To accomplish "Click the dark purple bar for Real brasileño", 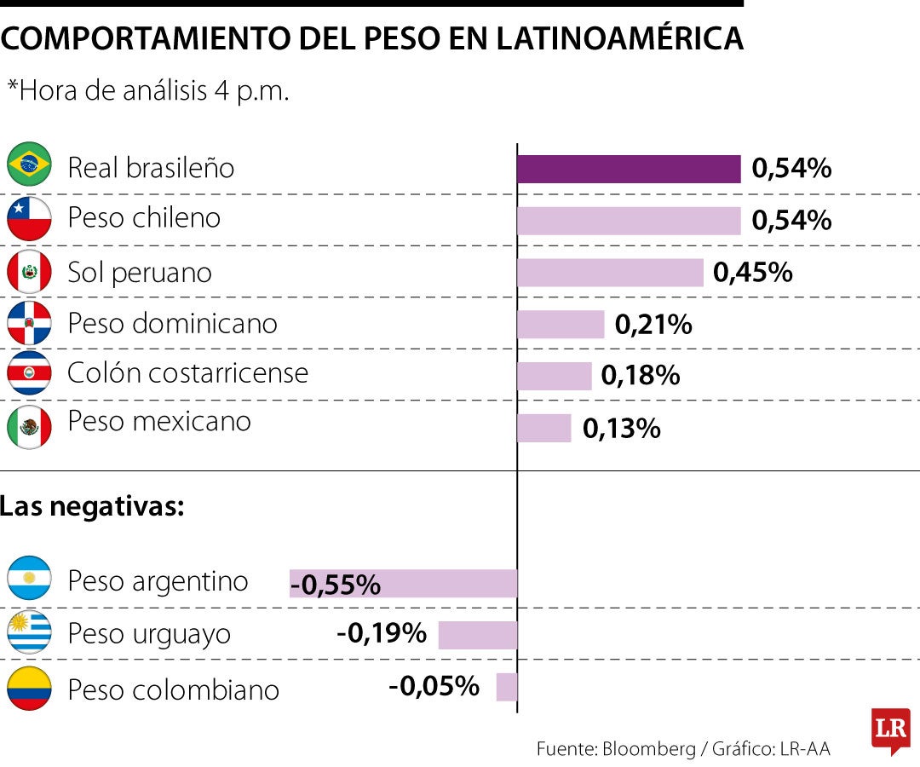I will click(x=629, y=169).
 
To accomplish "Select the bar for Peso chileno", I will click(x=629, y=221).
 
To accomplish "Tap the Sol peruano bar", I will click(x=610, y=273).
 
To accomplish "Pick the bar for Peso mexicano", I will click(x=543, y=428).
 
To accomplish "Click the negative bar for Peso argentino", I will click(x=403, y=584).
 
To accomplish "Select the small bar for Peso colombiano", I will click(x=507, y=687).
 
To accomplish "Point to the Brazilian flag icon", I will click(x=29, y=165).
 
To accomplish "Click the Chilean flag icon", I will click(x=29, y=218).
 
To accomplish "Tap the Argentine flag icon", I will click(x=29, y=579).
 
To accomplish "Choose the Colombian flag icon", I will click(x=29, y=689).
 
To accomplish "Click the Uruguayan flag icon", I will click(x=29, y=632).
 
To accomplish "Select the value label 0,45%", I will click(x=753, y=273).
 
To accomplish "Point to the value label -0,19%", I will click(x=382, y=633).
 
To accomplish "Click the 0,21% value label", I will click(x=653, y=325).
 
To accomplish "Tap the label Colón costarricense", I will click(x=187, y=372).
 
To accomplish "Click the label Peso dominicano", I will click(x=172, y=324).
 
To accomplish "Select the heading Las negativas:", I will click(x=92, y=507).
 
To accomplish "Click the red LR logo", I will click(x=890, y=730).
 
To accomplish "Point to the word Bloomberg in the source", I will click(x=648, y=749).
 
